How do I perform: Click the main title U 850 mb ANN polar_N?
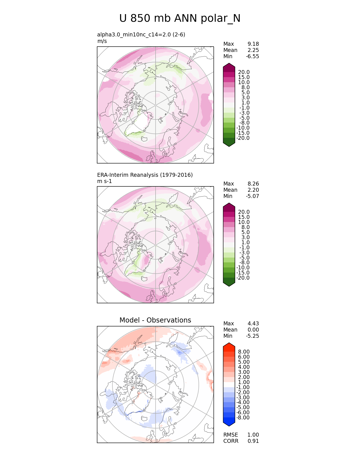tap(180, 18)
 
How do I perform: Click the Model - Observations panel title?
tap(155, 320)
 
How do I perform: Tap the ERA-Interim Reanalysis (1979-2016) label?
tap(145, 175)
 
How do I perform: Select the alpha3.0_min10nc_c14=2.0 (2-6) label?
tap(141, 34)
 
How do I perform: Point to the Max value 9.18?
tap(253, 44)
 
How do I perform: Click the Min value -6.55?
tap(252, 56)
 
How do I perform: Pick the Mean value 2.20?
tap(253, 190)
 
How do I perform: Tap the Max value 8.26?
tap(253, 184)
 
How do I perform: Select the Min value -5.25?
tap(252, 336)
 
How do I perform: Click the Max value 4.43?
tap(253, 323)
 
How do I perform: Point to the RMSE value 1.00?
tap(253, 435)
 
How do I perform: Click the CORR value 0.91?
tap(253, 441)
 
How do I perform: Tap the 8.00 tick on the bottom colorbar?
tap(244, 352)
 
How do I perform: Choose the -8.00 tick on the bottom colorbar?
tap(243, 417)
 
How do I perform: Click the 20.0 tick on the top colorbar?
tap(244, 72)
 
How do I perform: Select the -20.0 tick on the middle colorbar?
tap(243, 278)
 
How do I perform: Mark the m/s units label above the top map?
tap(102, 41)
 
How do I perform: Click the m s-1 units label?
tap(104, 181)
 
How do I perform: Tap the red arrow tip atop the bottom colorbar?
tap(229, 345)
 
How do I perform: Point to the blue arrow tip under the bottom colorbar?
tap(229, 424)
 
